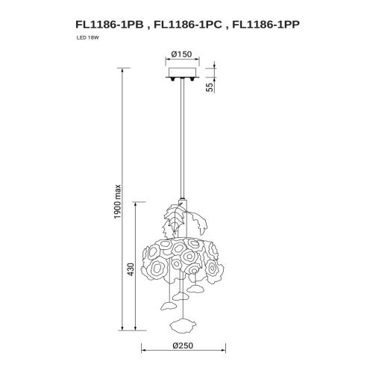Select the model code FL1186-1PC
pos(186,23)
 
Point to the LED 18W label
pos(87,38)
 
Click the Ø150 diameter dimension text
pos(181,54)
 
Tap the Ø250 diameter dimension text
pos(183,345)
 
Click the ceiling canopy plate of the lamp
pos(183,72)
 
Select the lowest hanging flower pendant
pos(183,324)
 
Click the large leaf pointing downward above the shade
pos(175,219)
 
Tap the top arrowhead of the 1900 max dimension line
pos(122,69)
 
